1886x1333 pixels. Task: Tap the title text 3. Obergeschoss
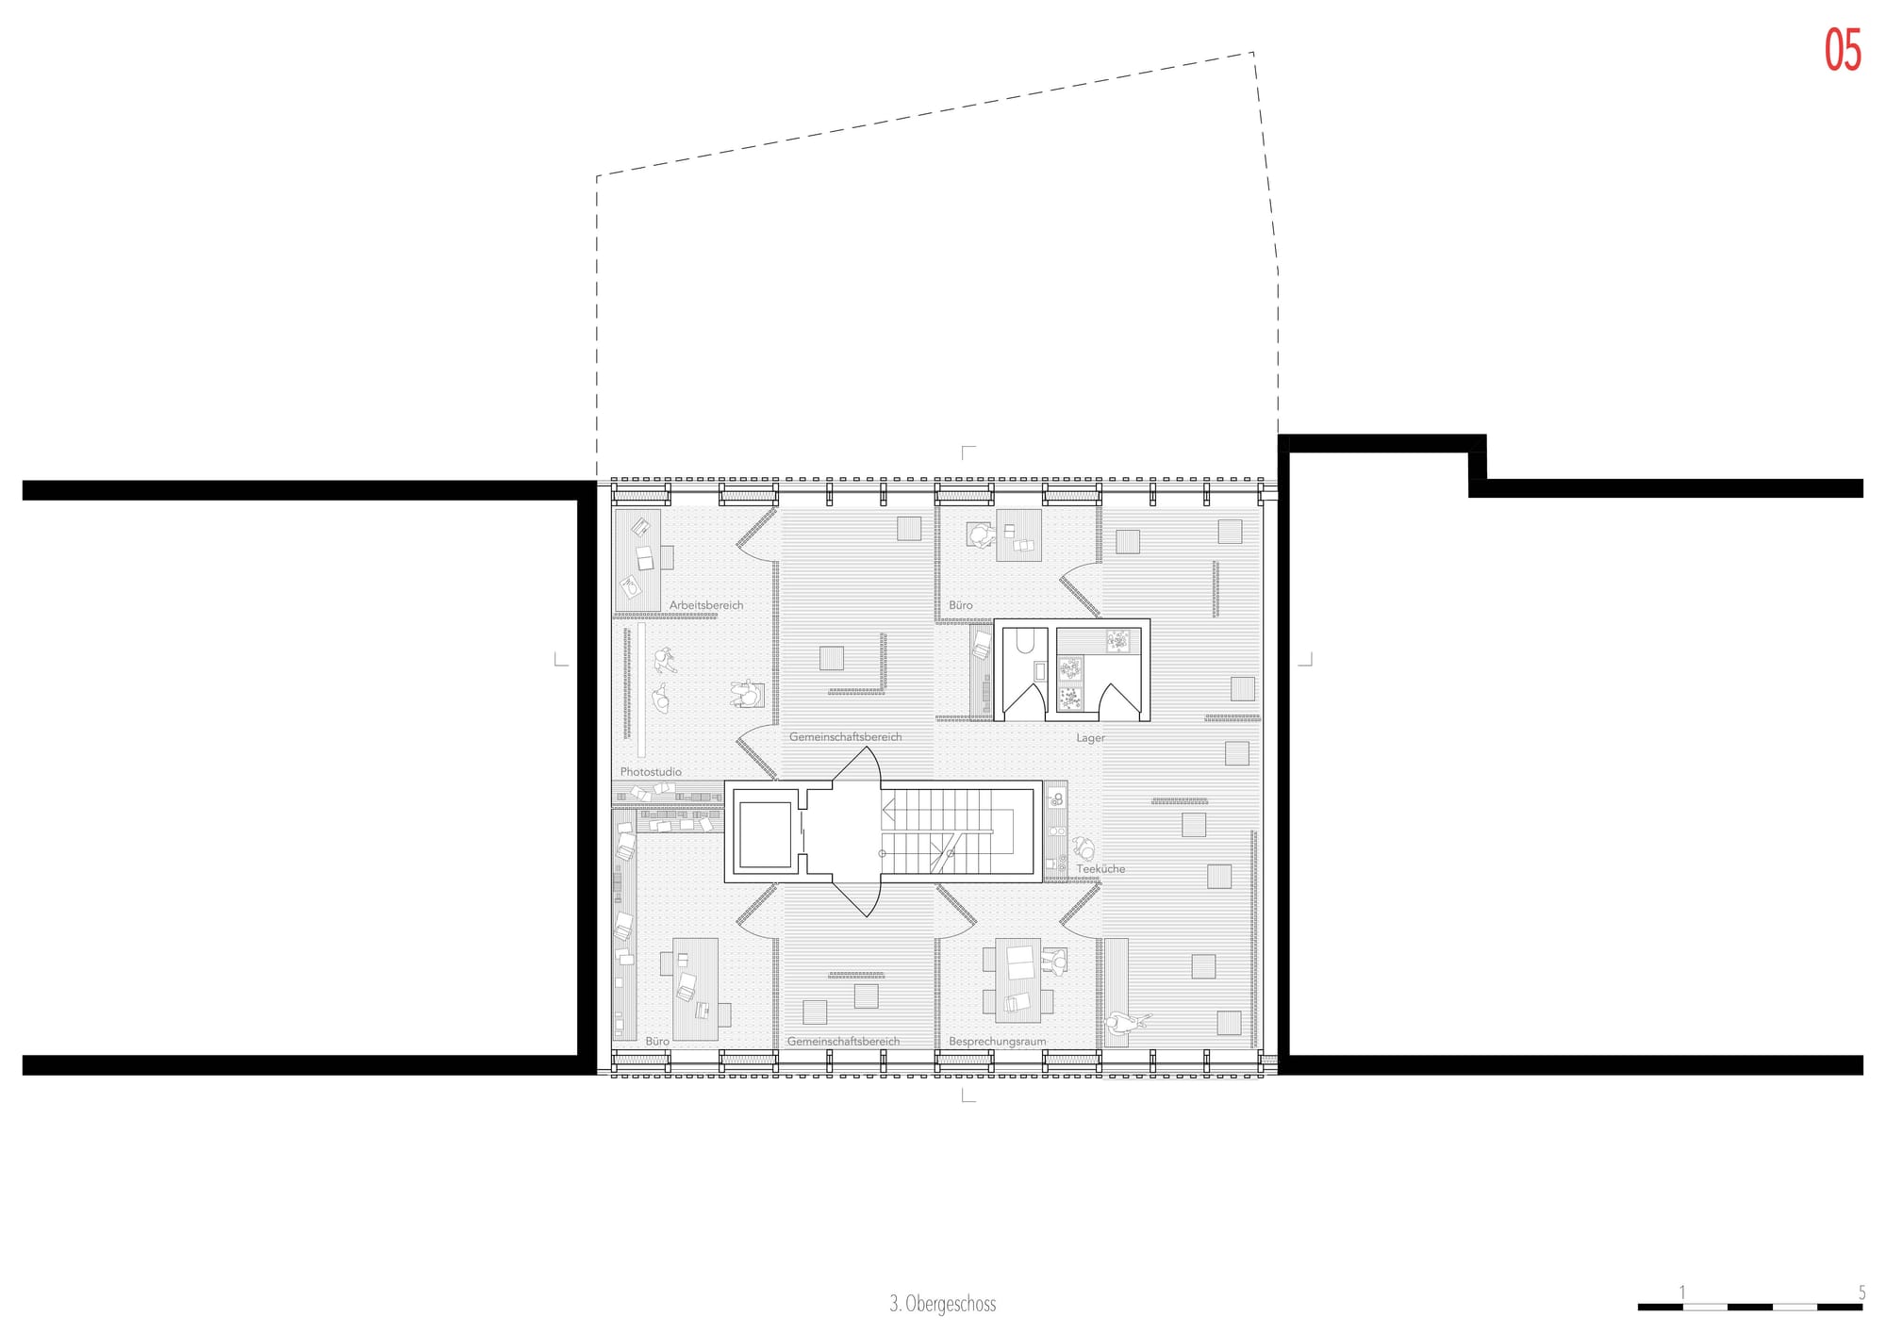(x=942, y=1304)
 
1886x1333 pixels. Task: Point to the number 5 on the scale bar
(x=1861, y=1292)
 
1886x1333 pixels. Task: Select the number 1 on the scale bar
(x=1682, y=1292)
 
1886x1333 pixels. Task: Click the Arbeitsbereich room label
(x=706, y=605)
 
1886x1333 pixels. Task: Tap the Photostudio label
(x=651, y=772)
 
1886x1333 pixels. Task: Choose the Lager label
(x=1090, y=738)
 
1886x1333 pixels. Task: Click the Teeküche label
(x=1100, y=869)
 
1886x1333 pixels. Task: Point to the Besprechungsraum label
(x=997, y=1042)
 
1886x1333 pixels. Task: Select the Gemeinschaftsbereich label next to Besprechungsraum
(x=843, y=1042)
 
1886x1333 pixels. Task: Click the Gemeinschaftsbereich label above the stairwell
(x=845, y=737)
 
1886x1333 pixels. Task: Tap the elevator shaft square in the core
(x=765, y=834)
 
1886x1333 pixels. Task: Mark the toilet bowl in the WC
(x=1025, y=641)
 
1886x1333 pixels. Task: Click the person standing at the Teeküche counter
(x=1084, y=848)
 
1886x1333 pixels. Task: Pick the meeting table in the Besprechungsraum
(x=1017, y=980)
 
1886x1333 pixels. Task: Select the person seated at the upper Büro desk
(x=981, y=535)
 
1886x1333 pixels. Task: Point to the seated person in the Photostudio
(x=748, y=695)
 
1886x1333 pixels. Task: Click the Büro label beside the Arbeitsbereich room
(x=960, y=605)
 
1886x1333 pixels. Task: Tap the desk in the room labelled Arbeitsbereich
(x=637, y=560)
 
